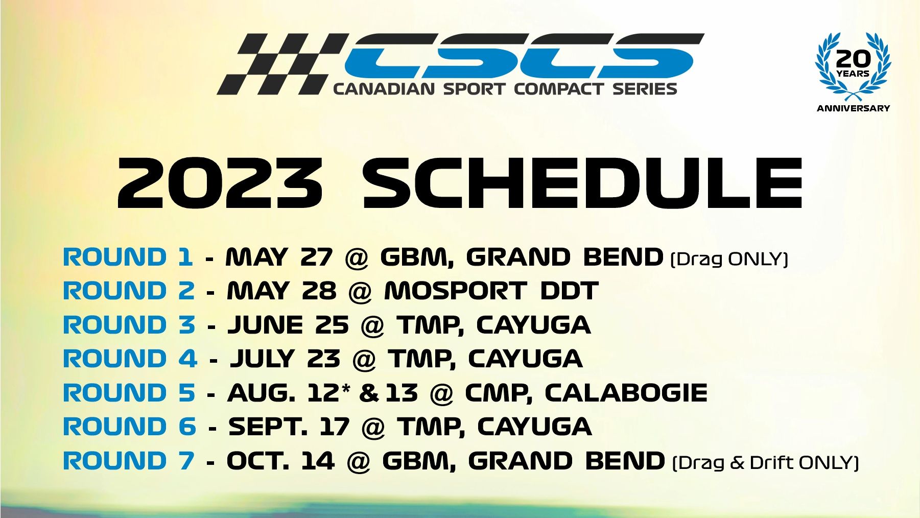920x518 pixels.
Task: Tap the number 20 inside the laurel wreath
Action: (853, 59)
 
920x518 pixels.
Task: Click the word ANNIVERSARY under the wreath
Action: (853, 108)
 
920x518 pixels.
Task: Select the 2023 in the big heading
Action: (220, 183)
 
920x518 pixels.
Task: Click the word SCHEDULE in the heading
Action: (583, 183)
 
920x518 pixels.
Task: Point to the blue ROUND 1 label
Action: (128, 257)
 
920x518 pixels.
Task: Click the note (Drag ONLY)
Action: (729, 259)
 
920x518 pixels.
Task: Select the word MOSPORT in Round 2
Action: (455, 291)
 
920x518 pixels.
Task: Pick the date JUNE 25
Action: (288, 325)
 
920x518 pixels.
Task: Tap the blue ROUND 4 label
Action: (130, 359)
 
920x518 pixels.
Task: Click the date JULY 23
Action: (286, 359)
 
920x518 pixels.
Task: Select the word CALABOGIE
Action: (626, 393)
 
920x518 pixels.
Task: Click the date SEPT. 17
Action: (289, 427)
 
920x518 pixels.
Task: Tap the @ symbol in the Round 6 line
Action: (373, 428)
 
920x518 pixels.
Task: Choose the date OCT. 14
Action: (280, 461)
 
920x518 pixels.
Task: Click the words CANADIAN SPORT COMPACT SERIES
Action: (505, 89)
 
